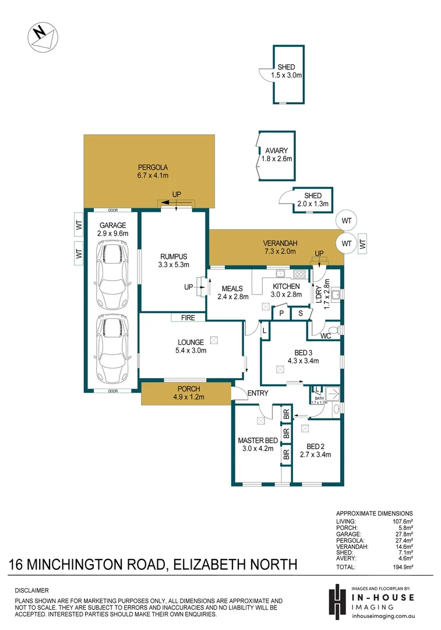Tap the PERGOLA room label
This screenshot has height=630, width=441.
click(x=149, y=167)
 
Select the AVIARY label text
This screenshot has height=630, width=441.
click(x=277, y=150)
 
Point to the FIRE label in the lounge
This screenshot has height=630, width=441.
click(x=188, y=318)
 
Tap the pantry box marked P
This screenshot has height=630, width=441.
click(x=281, y=313)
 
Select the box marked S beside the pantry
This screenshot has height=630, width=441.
click(x=300, y=313)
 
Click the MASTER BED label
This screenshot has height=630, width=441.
click(x=257, y=440)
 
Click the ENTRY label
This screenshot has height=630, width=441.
click(x=257, y=393)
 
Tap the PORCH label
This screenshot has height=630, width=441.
click(x=186, y=389)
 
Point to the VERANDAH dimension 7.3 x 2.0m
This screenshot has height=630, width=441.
click(x=280, y=251)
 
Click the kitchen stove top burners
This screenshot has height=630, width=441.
click(x=299, y=273)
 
